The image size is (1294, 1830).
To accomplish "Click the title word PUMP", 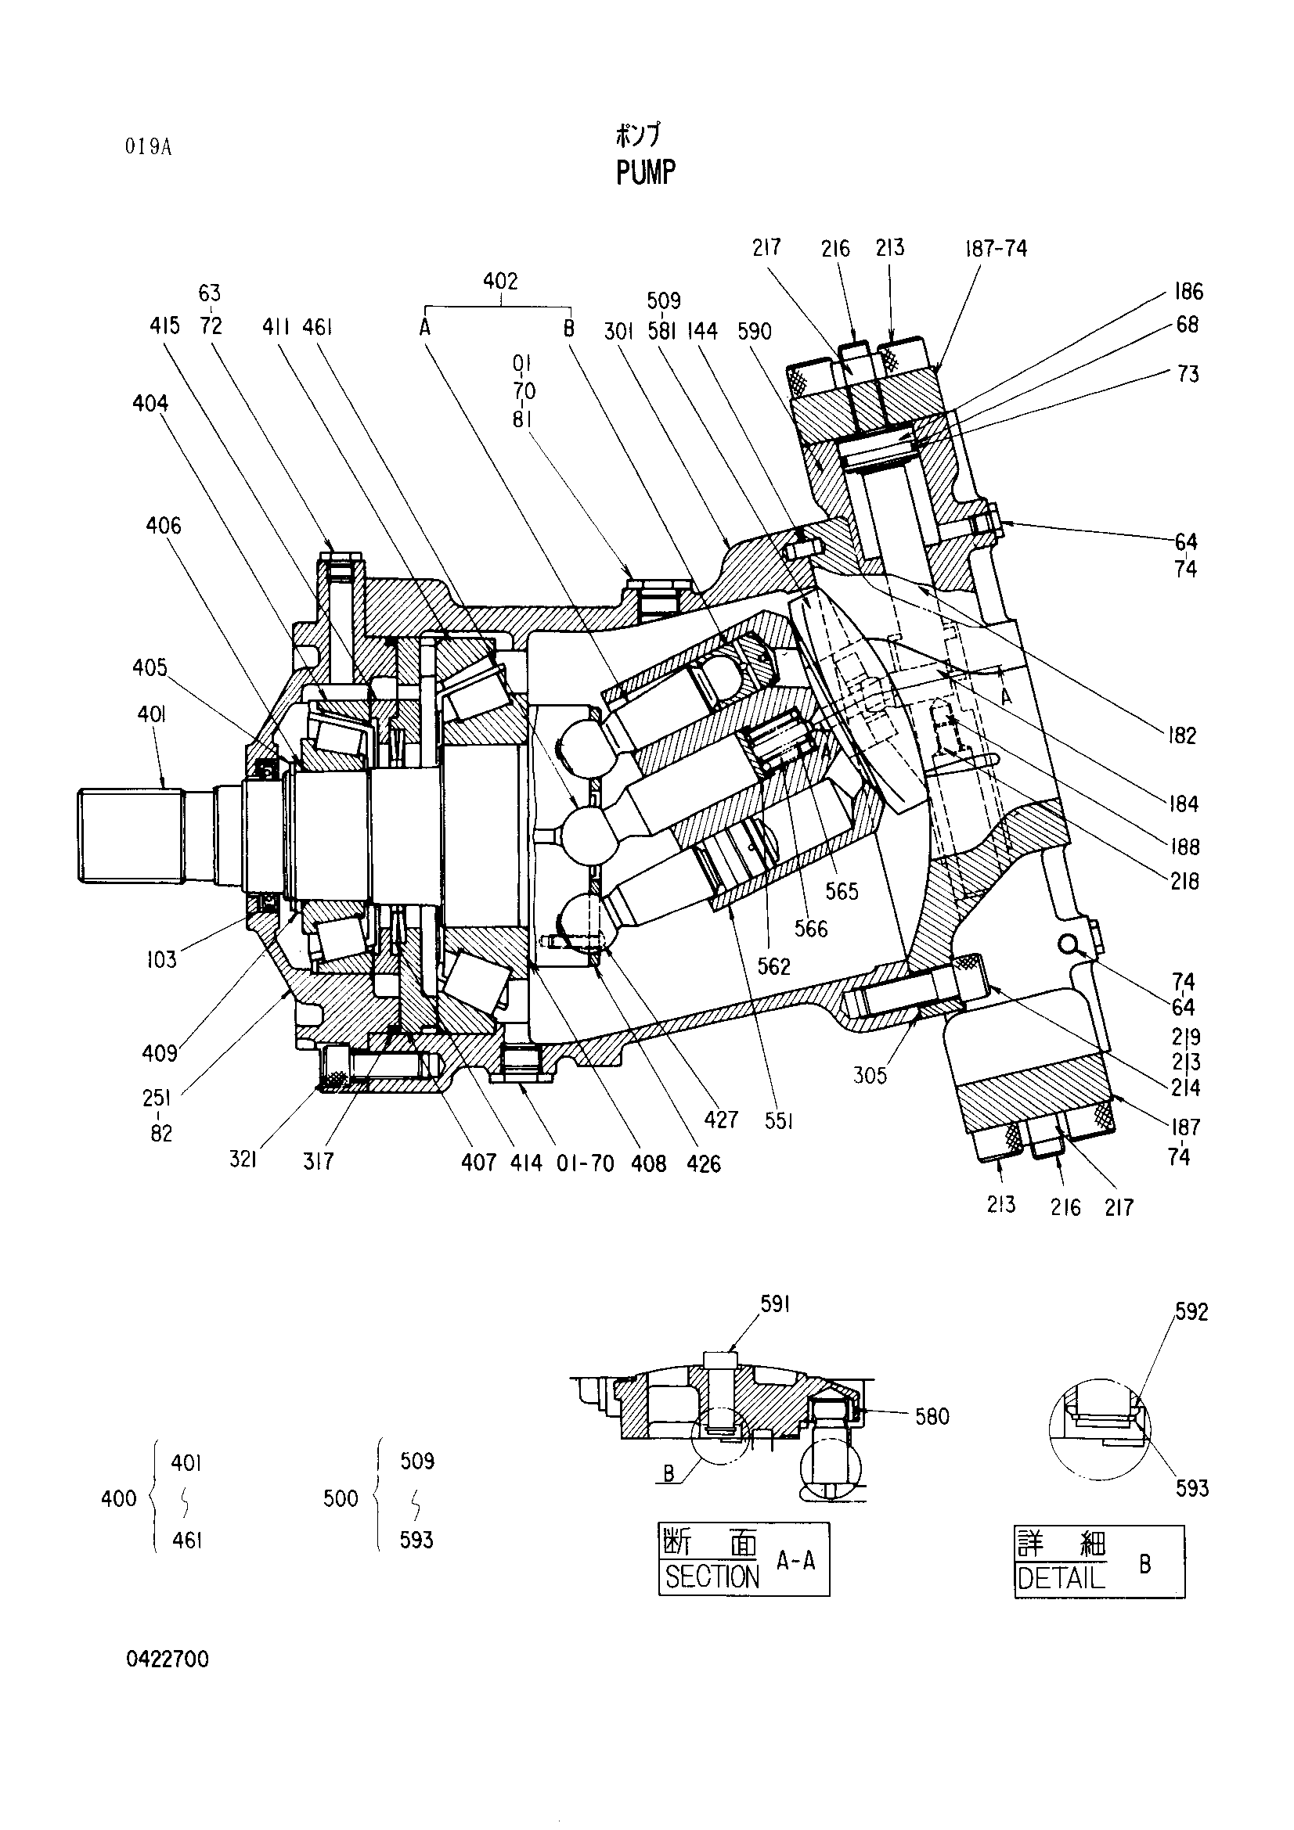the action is pyautogui.click(x=646, y=172).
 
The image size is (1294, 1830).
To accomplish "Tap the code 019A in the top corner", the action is pyautogui.click(x=148, y=147).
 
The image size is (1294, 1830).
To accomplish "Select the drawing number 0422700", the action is pyautogui.click(x=168, y=1659).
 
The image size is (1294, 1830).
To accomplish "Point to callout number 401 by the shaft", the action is pyautogui.click(x=152, y=714).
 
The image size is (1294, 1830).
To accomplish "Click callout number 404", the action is pyautogui.click(x=150, y=404).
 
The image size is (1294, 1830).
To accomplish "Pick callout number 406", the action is pyautogui.click(x=164, y=525).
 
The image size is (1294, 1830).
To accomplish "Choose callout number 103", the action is pyautogui.click(x=161, y=960).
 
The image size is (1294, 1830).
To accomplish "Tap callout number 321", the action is pyautogui.click(x=243, y=1160).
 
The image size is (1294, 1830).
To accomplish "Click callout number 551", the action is pyautogui.click(x=778, y=1120).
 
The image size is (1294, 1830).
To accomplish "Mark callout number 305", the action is pyautogui.click(x=870, y=1075).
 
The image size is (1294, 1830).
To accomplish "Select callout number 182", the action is pyautogui.click(x=1182, y=735).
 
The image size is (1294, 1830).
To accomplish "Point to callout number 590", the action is pyautogui.click(x=754, y=331).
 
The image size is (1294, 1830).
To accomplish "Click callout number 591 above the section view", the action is pyautogui.click(x=774, y=1304).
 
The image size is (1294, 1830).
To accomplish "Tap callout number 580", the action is pyautogui.click(x=932, y=1416).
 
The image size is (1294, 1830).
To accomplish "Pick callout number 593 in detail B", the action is pyautogui.click(x=1192, y=1488).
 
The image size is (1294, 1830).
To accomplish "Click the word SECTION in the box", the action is pyautogui.click(x=712, y=1577).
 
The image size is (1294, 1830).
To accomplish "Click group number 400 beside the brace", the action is pyautogui.click(x=119, y=1499).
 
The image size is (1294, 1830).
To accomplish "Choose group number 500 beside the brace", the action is pyautogui.click(x=341, y=1499).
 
